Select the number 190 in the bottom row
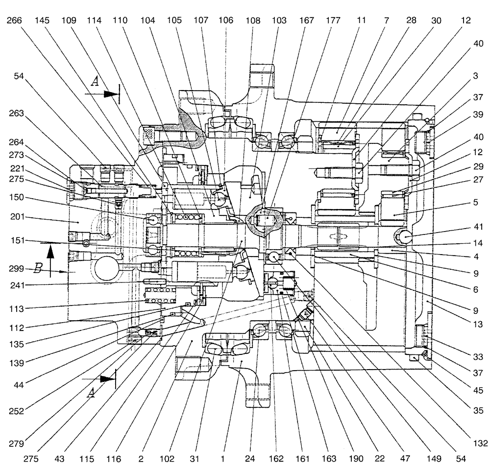[x=356, y=459]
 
